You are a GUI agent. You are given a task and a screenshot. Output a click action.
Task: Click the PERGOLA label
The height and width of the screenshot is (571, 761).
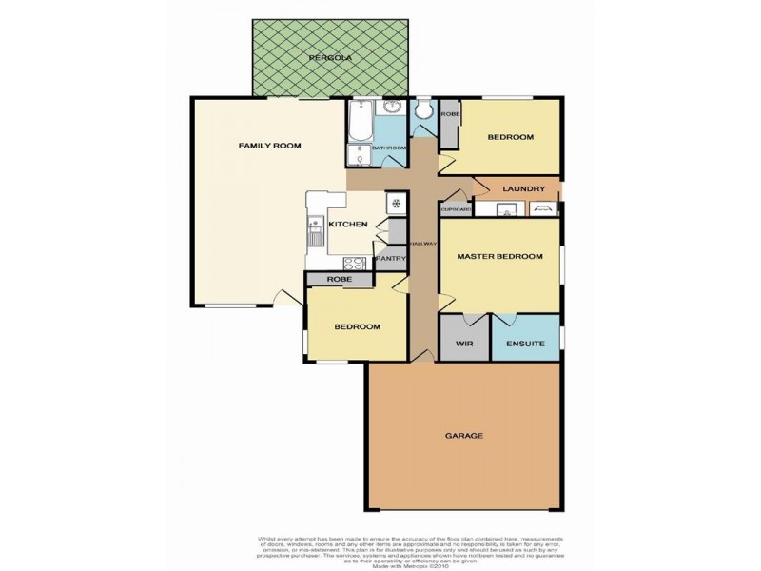click(x=329, y=58)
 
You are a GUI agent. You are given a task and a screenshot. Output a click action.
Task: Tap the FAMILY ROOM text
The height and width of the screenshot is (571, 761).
click(x=269, y=146)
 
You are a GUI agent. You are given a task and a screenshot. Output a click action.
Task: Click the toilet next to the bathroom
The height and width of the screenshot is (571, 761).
click(x=424, y=112)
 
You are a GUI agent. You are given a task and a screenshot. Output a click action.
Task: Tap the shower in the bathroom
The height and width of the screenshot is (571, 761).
click(x=359, y=156)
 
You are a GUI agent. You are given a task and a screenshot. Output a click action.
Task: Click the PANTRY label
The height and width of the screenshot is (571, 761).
click(x=391, y=258)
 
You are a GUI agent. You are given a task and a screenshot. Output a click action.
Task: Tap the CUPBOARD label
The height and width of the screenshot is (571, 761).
click(x=456, y=209)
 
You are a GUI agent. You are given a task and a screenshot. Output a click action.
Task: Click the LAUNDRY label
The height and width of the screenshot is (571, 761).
click(x=522, y=189)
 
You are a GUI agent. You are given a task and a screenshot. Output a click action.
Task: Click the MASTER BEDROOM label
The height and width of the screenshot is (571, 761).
click(x=499, y=257)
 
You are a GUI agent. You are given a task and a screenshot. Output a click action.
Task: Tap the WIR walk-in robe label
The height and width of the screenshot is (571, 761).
click(x=464, y=344)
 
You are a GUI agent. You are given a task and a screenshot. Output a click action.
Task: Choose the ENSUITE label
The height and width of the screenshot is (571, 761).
click(x=525, y=344)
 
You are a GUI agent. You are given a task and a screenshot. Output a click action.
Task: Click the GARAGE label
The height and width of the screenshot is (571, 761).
click(x=464, y=436)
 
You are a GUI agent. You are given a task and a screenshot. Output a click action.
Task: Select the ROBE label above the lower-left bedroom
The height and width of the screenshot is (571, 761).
click(x=340, y=280)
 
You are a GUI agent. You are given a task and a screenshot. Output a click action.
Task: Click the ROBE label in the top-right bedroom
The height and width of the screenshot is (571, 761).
click(x=450, y=115)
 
